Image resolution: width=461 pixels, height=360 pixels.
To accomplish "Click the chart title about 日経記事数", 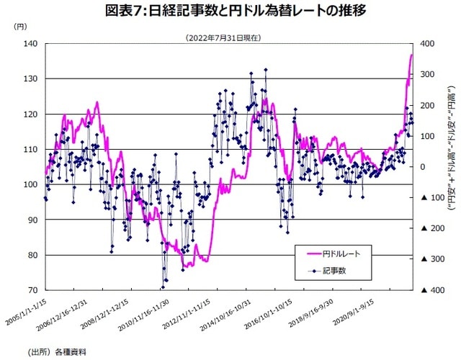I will coord(230,11).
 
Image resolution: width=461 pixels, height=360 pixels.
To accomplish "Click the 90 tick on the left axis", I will coord(32,220).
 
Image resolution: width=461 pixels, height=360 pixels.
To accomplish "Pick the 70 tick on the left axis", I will coord(32,290).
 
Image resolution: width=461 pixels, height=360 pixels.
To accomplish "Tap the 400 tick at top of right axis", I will coord(426,44).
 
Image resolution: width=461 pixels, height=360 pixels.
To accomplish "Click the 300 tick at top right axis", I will coord(426,75).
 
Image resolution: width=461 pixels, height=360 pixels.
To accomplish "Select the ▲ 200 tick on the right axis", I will coord(429,228).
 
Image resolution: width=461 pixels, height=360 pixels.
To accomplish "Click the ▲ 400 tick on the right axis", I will coord(429,290).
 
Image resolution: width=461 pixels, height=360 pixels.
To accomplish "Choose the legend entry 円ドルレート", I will coord(346,254).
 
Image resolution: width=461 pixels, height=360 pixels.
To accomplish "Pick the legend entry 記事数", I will coord(336,271).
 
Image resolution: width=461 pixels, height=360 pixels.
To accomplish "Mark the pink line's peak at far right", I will coord(411,55).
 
